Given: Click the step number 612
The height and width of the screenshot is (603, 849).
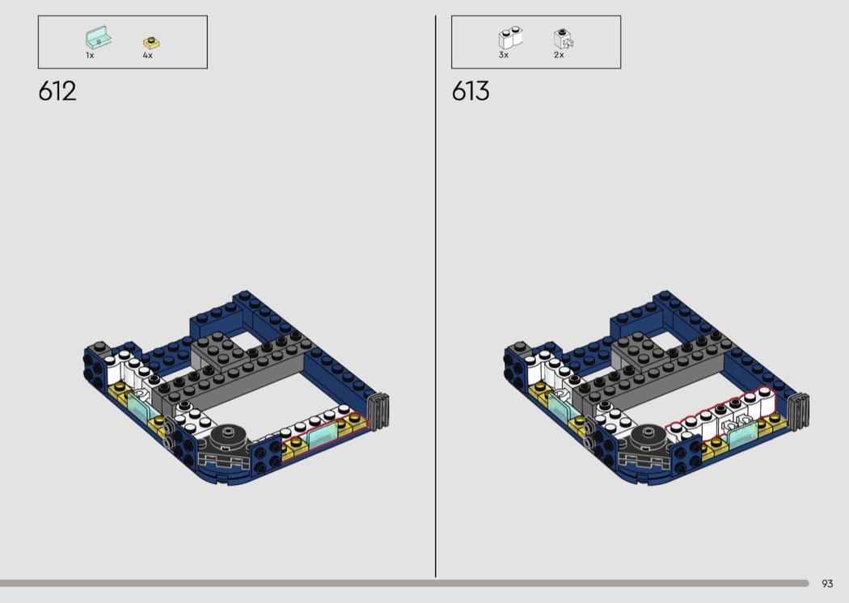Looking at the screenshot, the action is (57, 91).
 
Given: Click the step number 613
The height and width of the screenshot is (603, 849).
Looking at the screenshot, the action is (471, 91).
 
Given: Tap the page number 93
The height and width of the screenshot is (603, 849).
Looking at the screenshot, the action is (827, 584).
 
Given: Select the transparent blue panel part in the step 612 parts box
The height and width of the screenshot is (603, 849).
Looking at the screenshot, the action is (98, 38).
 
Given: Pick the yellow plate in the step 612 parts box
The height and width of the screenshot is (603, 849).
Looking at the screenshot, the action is (152, 42).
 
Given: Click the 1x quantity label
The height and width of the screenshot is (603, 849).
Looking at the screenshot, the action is (90, 55).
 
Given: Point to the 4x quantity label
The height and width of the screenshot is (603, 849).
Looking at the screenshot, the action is (148, 55).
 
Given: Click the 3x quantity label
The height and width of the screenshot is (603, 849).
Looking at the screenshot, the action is (504, 55).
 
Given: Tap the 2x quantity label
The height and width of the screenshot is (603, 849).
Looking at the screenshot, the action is (559, 55).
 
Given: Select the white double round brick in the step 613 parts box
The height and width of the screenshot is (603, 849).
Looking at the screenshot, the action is (510, 38).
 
